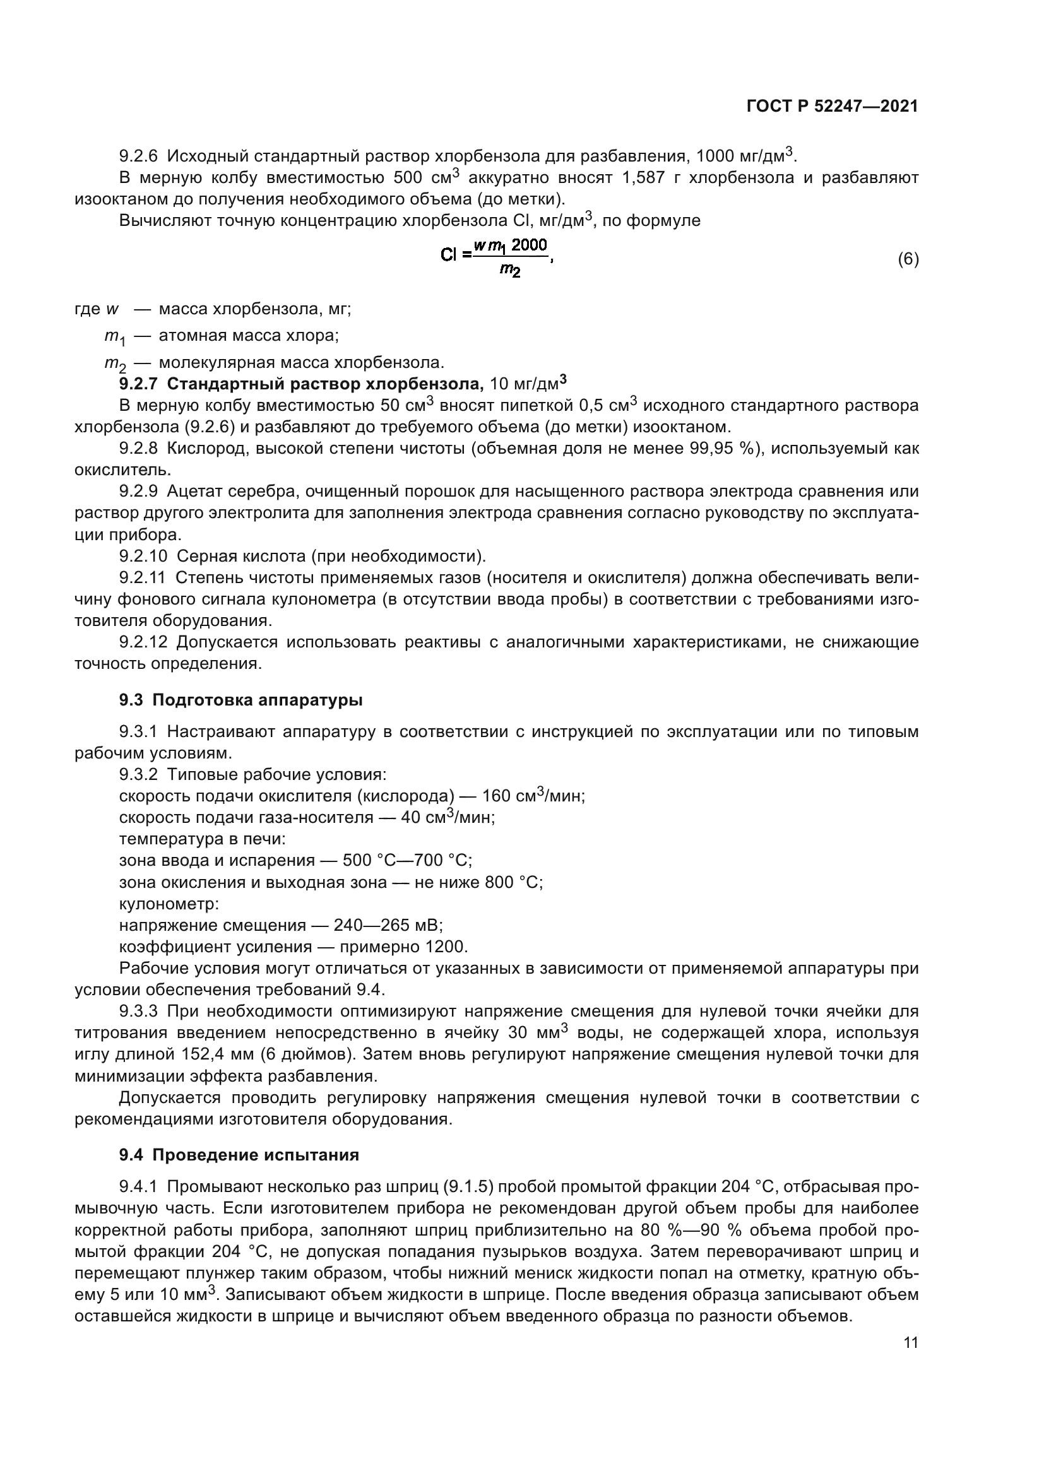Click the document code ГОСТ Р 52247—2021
(x=832, y=107)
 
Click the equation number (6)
(x=908, y=259)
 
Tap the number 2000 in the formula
(x=529, y=244)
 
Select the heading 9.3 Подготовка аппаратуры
(x=240, y=700)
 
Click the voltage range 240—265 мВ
(x=388, y=925)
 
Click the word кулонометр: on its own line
(x=169, y=903)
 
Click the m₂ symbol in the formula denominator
(x=510, y=271)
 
